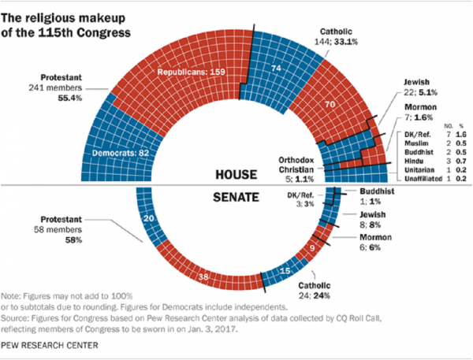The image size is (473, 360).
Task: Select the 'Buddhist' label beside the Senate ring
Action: tap(364, 193)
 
